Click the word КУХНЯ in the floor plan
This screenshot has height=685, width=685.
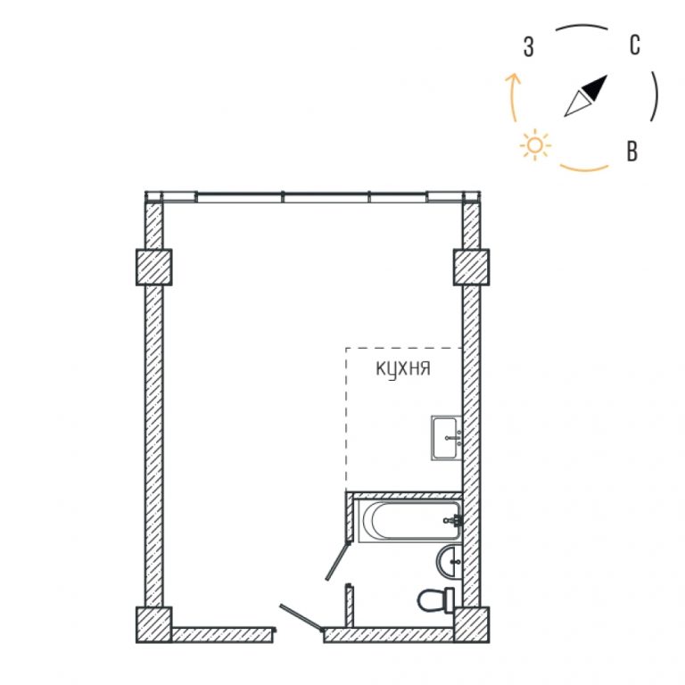[x=403, y=368]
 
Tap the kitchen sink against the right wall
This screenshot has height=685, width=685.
[x=447, y=438]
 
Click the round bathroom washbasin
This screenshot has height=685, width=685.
[x=450, y=561]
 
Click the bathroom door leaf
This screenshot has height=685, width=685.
[x=338, y=561]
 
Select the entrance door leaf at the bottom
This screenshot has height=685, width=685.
[x=301, y=618]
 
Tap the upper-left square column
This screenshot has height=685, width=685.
[x=153, y=267]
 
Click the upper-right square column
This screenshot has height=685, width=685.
[x=471, y=267]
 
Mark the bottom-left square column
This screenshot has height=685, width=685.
[x=153, y=624]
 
